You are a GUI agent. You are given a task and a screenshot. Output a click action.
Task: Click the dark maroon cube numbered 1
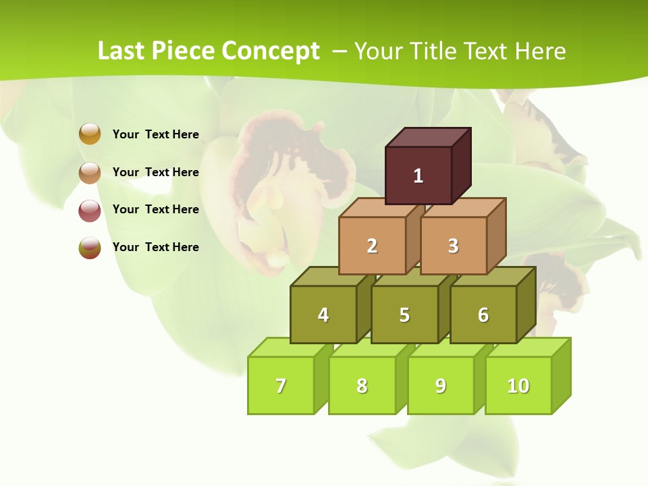(418, 175)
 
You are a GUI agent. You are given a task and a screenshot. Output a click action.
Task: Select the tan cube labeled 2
(372, 246)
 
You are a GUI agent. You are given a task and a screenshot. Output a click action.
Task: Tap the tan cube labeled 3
(453, 246)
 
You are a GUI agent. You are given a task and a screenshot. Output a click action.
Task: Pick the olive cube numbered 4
(323, 315)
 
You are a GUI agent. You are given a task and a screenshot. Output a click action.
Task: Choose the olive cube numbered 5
(404, 315)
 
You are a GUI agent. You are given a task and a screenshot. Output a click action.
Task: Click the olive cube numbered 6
(483, 315)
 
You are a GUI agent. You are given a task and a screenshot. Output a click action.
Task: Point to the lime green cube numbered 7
(281, 385)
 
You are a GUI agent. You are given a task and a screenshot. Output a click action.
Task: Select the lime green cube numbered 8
(362, 385)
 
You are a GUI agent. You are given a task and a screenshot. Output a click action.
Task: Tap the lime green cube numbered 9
(440, 385)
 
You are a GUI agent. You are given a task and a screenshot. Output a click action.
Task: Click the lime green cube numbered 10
(518, 385)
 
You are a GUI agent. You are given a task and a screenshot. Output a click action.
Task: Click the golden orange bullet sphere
(90, 134)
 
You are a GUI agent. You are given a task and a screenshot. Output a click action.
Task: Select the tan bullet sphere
(90, 172)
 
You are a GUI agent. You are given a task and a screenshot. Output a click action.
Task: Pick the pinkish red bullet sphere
(90, 210)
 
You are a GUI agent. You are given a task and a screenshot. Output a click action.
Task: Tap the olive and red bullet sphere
(90, 248)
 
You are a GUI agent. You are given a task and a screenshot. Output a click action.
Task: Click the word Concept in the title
(270, 51)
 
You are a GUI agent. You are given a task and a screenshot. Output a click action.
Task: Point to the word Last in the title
(122, 51)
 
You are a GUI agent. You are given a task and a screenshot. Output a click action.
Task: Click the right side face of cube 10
(561, 375)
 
